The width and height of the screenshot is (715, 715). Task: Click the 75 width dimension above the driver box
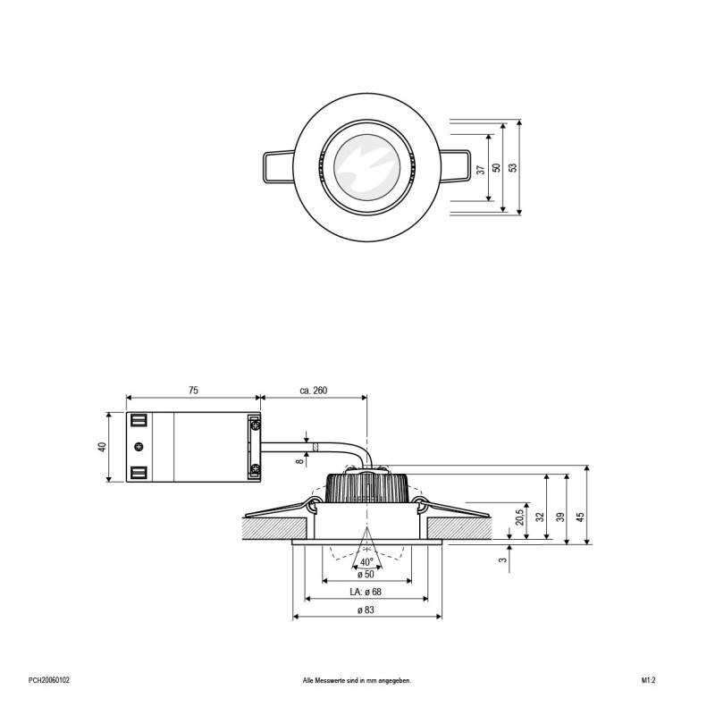pyautogui.click(x=192, y=391)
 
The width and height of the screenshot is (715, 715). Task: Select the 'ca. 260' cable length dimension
pyautogui.click(x=313, y=391)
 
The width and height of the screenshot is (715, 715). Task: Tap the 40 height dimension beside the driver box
pyautogui.click(x=102, y=447)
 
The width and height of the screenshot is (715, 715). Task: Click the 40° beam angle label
pyautogui.click(x=366, y=562)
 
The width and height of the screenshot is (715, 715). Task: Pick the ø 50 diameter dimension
pyautogui.click(x=366, y=574)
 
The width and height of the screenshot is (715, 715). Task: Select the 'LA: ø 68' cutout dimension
pyautogui.click(x=366, y=592)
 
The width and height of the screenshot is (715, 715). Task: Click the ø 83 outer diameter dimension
pyautogui.click(x=366, y=610)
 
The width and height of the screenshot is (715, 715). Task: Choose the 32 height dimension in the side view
pyautogui.click(x=540, y=517)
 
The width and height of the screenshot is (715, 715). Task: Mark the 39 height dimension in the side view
pyautogui.click(x=559, y=517)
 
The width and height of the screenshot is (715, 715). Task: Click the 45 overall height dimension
pyautogui.click(x=580, y=515)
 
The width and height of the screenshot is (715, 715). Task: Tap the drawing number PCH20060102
pyautogui.click(x=49, y=680)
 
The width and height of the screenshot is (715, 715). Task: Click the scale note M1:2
pyautogui.click(x=649, y=680)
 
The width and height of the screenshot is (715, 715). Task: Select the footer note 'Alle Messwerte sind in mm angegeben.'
pyautogui.click(x=357, y=680)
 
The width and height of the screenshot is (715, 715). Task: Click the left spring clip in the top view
pyautogui.click(x=277, y=167)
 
